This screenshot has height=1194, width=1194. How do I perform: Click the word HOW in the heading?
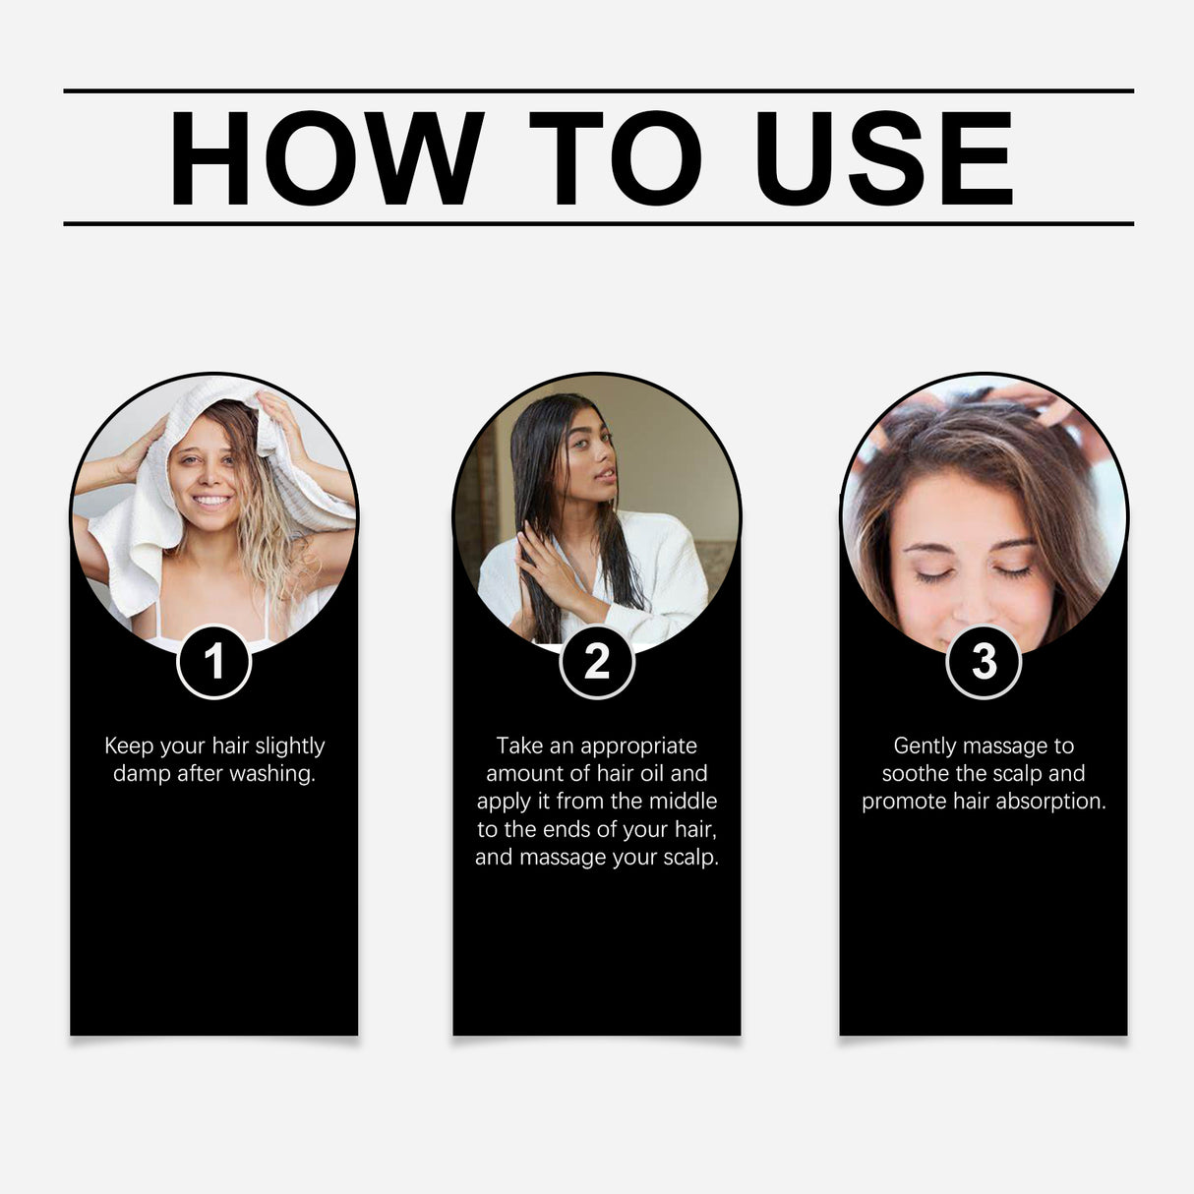coord(326,159)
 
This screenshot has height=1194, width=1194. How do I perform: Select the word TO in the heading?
coord(616,159)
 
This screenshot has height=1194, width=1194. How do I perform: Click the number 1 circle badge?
coord(214,662)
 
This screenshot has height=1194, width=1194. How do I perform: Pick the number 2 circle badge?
coord(597,662)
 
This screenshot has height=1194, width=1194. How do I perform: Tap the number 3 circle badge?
coord(984,662)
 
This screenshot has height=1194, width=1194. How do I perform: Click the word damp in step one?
coord(142,774)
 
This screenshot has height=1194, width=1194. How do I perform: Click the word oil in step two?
coord(653,773)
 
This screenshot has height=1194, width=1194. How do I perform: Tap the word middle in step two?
coord(683,801)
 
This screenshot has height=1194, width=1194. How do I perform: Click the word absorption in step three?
coord(1050,801)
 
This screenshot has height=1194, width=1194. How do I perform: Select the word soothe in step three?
coord(915,773)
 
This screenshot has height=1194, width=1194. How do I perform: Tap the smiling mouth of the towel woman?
coord(211,502)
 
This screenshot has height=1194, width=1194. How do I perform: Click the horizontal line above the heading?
coord(598,90)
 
